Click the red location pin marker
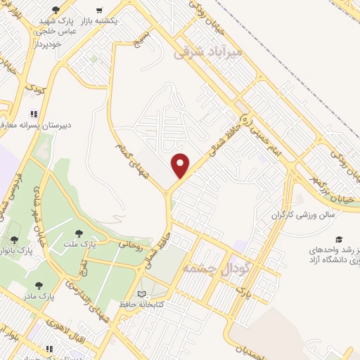click(181, 166)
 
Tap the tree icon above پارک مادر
click(38, 285)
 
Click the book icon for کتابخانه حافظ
click(143, 294)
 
